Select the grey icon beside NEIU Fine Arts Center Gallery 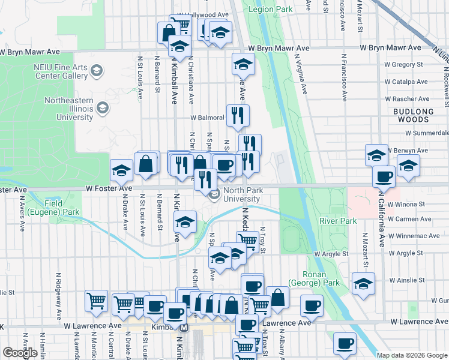point(96,73)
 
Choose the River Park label point(339,221)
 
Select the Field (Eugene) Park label point(62,208)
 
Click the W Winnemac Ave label point(414,236)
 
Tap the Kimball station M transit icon point(185,328)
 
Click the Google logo point(20,353)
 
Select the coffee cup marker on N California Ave point(384,176)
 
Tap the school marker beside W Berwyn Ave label point(376,155)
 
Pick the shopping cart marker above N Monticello point(96,301)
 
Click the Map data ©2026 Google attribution point(412,355)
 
